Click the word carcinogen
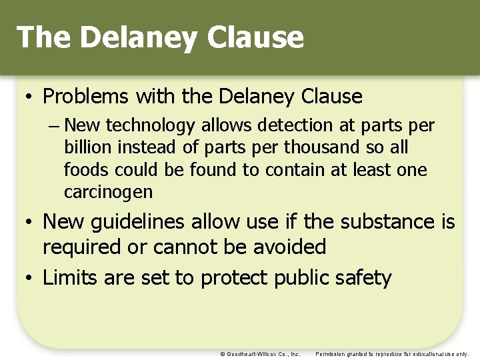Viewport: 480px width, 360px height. click(x=108, y=193)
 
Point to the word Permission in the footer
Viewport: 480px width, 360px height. click(x=331, y=354)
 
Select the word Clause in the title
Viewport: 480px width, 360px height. click(x=255, y=37)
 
